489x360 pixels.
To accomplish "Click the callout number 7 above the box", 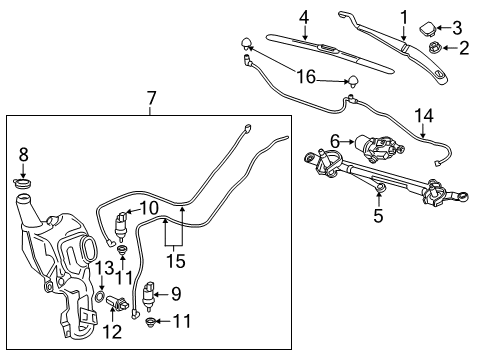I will click(x=150, y=98).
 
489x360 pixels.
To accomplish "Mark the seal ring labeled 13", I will click(x=102, y=297).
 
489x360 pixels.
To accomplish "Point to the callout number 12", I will click(x=112, y=331).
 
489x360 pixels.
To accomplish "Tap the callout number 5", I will click(x=377, y=212).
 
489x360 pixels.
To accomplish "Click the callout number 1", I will click(x=404, y=16).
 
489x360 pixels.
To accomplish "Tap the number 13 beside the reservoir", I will click(x=104, y=267).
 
